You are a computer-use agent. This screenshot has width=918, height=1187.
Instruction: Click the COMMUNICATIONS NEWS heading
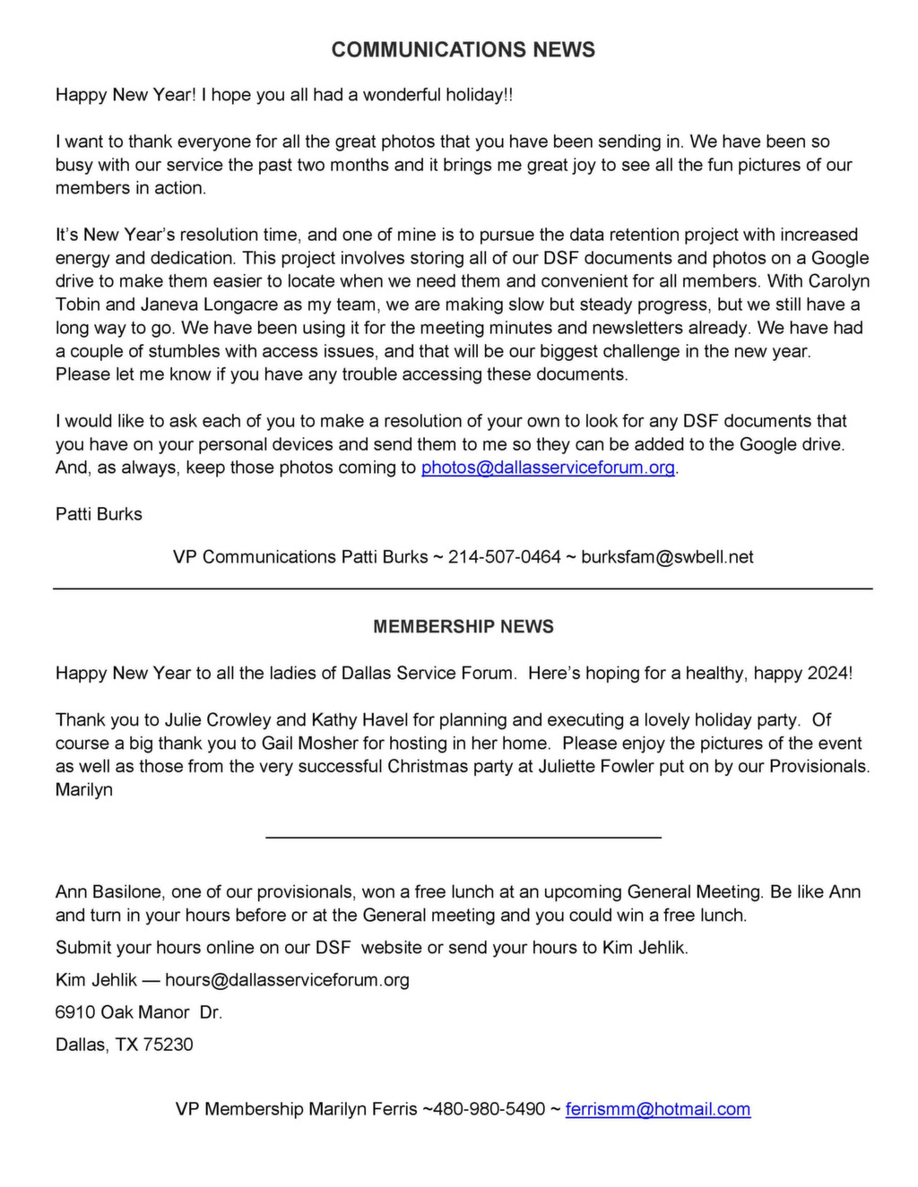coord(463,50)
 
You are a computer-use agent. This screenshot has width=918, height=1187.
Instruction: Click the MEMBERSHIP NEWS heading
coord(463,627)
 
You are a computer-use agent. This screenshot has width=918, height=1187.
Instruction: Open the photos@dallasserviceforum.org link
coord(548,468)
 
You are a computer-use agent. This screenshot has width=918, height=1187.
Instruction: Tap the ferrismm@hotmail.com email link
coord(658,1109)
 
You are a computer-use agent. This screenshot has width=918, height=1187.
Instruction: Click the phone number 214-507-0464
coord(504,557)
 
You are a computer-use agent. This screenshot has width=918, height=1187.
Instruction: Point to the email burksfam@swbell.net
coord(667,557)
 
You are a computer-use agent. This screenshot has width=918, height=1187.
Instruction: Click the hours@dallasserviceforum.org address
coord(287,980)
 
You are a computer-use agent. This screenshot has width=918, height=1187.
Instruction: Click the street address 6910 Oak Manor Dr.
coord(138,1012)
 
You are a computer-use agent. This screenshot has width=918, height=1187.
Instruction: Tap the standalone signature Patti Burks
coord(99,514)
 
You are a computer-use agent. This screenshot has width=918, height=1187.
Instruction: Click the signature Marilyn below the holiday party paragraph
coord(84,790)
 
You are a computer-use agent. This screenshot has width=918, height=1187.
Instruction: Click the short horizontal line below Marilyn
coord(463,837)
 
